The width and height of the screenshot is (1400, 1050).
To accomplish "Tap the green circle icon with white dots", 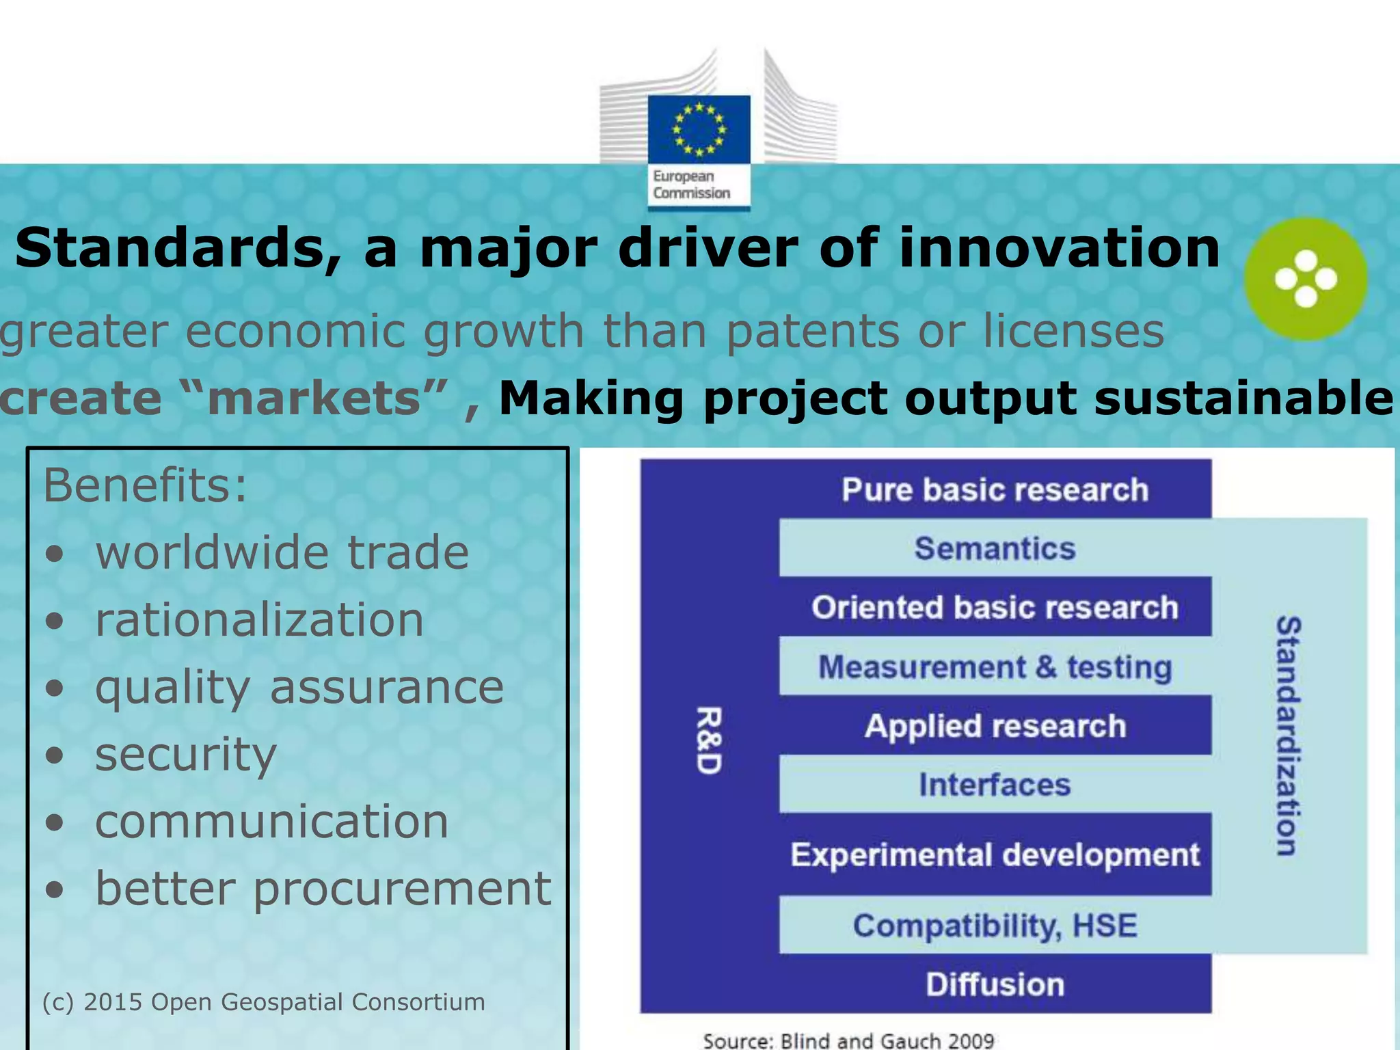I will point(1305,279).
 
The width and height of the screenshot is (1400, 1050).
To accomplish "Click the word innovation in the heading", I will point(1059,247).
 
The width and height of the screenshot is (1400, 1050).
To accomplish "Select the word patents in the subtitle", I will point(812,332).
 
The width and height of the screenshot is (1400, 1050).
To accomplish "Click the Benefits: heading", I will point(145,486).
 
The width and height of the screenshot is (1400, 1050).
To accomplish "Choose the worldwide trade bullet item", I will point(282,552).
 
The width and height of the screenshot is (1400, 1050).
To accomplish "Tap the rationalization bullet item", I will point(259,620).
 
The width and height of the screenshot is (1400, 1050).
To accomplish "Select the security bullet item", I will point(185,755).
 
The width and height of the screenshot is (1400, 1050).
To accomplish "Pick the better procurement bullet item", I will point(323,889).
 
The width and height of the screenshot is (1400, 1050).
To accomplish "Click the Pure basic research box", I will point(995,489).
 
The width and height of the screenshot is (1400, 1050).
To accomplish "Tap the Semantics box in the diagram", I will point(995,548).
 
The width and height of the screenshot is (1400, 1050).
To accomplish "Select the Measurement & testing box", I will point(995,667).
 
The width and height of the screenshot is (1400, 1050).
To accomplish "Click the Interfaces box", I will point(995,784).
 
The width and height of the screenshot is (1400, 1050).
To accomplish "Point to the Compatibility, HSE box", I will point(995,926).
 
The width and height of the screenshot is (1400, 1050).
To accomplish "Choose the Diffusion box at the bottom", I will point(995,984).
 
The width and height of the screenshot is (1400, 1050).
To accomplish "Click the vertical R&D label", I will point(708,740).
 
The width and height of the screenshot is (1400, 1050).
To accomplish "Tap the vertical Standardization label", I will point(1289,736).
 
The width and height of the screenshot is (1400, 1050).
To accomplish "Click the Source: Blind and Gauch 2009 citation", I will point(848,1040).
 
